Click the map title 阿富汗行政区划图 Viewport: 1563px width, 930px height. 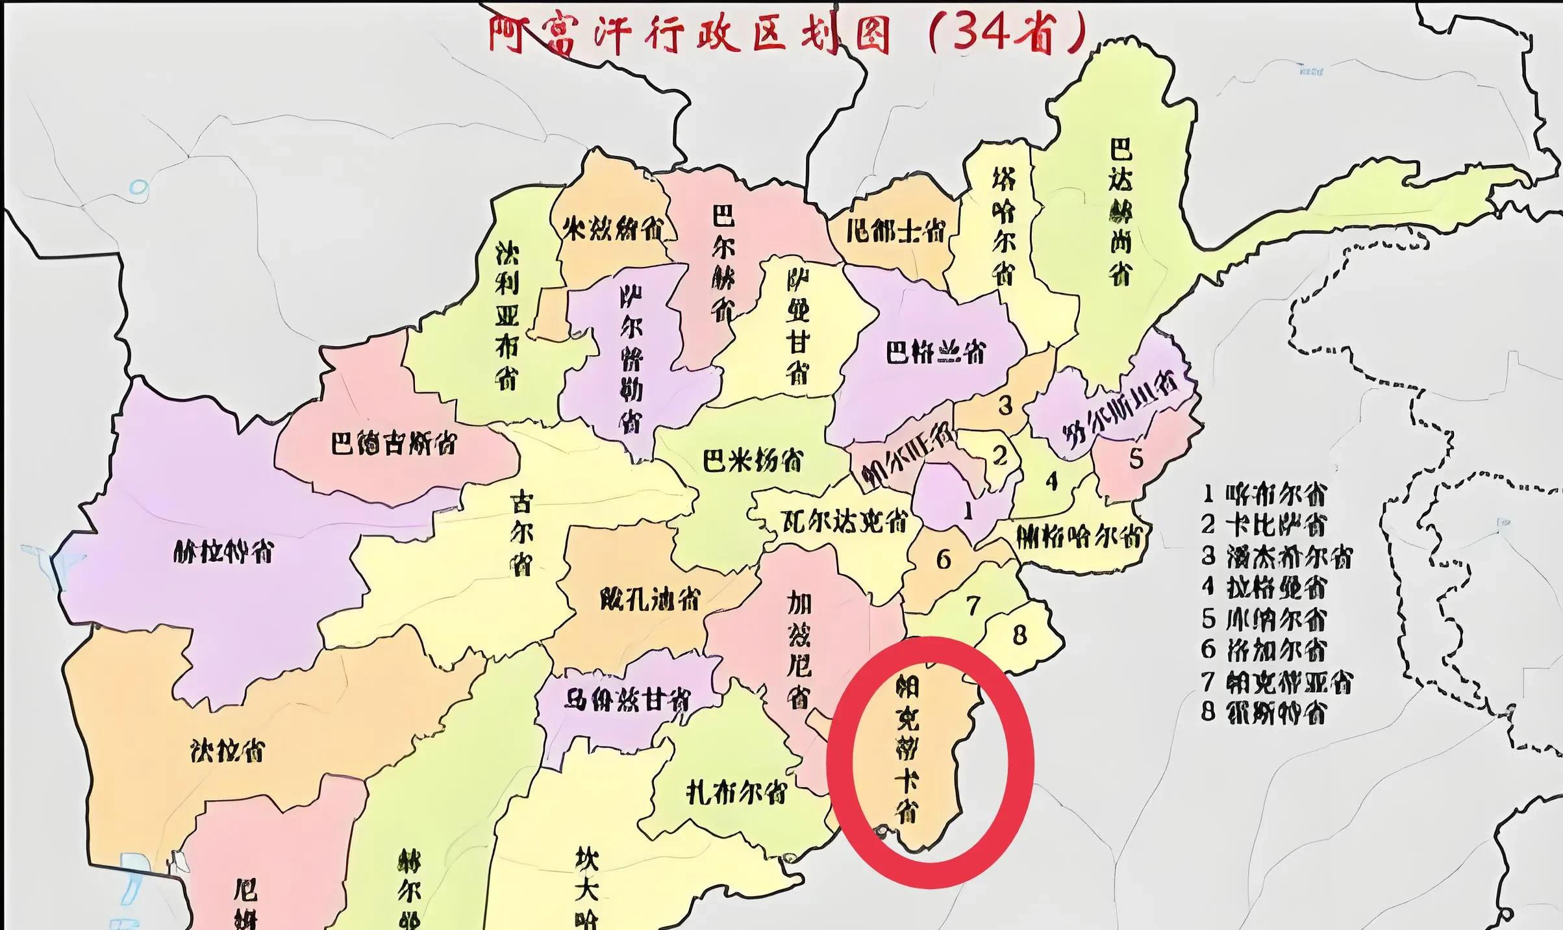pyautogui.click(x=688, y=34)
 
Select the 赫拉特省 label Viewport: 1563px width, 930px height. pyautogui.click(x=224, y=553)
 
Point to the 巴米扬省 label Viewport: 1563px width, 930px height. pyautogui.click(x=753, y=460)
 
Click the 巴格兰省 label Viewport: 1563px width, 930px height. pyautogui.click(x=936, y=353)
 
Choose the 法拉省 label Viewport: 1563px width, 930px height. pyautogui.click(x=228, y=751)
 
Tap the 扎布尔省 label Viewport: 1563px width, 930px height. pyautogui.click(x=737, y=792)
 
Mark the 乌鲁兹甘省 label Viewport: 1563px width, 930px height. pyautogui.click(x=627, y=700)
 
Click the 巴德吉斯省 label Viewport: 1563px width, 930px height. pyautogui.click(x=394, y=444)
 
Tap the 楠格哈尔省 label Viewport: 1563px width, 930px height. pyautogui.click(x=1079, y=536)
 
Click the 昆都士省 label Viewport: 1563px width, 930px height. pyautogui.click(x=895, y=231)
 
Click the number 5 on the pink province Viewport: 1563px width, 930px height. pyautogui.click(x=1136, y=459)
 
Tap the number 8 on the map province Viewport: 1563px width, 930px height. pyautogui.click(x=1019, y=635)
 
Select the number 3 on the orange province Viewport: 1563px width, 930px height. pyautogui.click(x=1005, y=405)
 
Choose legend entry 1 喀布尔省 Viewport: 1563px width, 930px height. pyautogui.click(x=1263, y=495)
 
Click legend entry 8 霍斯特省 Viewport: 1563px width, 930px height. pyautogui.click(x=1263, y=712)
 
